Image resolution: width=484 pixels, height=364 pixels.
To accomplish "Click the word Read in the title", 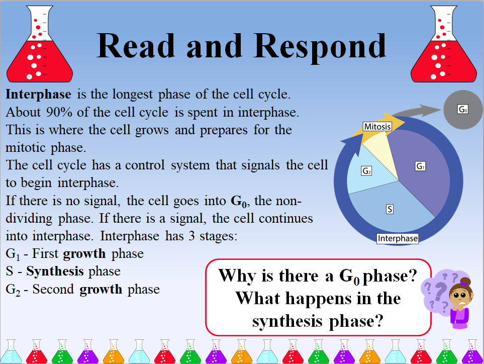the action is point(136,45).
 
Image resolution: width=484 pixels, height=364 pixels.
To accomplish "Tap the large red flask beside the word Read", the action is point(40,44).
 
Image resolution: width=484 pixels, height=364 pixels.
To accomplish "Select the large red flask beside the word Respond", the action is point(444,44).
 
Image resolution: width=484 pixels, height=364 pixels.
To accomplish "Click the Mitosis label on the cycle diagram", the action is point(377,127).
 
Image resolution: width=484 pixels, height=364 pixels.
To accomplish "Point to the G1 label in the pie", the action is point(420,166).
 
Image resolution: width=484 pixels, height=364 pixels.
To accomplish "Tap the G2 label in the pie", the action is point(366,171).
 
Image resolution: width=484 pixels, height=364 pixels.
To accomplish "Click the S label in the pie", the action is point(390,209).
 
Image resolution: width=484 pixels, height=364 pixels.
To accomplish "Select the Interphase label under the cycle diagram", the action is point(398,238).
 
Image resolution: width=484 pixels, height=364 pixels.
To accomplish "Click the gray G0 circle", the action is point(463,110).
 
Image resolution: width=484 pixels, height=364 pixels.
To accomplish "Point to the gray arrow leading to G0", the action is point(417,111).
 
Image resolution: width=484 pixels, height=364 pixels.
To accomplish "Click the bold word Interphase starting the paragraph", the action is point(38,95).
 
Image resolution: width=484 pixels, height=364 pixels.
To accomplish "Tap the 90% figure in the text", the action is point(59,113).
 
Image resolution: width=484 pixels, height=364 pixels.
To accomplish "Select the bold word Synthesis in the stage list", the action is point(55,271).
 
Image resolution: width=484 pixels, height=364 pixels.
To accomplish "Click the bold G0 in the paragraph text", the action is point(239,202).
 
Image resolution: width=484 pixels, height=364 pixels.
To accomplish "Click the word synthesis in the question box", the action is point(287,321).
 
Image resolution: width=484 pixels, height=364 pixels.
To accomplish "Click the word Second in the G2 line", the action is point(53,289).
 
